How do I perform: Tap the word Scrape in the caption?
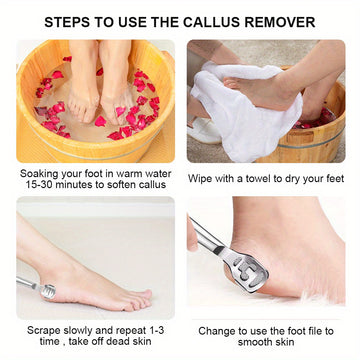(45, 330)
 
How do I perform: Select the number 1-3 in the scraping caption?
(155, 330)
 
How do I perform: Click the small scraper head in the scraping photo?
(48, 291)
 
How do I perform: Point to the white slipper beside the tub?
(203, 131)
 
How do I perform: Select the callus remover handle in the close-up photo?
(206, 235)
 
